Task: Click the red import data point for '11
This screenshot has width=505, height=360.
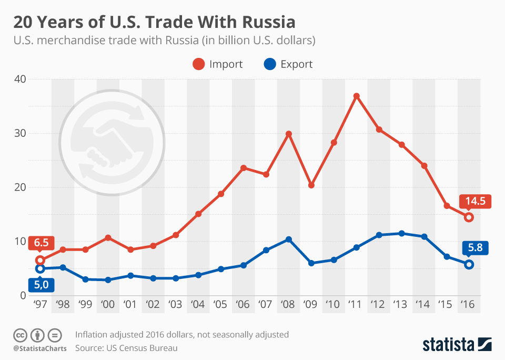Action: click(356, 96)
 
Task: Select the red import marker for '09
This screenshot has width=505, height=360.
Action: click(311, 185)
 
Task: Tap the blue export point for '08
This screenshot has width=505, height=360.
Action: click(288, 239)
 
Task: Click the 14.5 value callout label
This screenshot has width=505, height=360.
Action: click(475, 201)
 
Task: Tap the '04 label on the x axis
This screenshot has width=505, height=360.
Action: click(198, 304)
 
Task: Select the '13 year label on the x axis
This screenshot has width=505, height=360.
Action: click(401, 304)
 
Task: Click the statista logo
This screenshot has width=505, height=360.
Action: click(457, 344)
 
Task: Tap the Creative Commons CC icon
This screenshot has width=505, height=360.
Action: click(20, 335)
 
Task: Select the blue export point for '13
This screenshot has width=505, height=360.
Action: click(401, 233)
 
